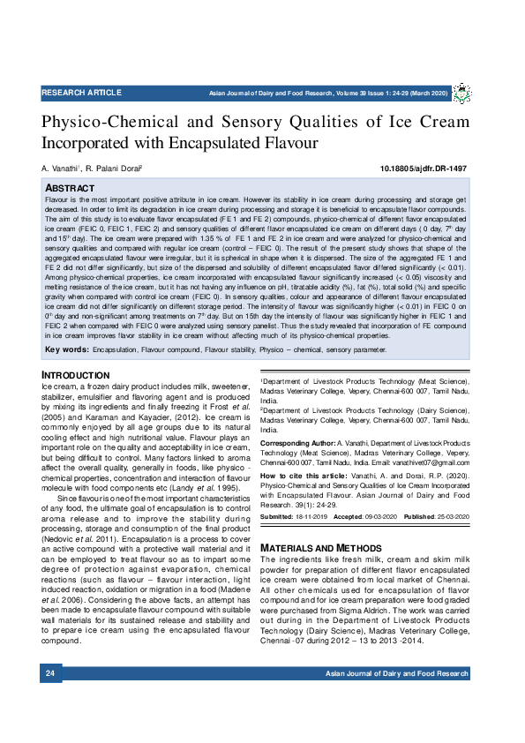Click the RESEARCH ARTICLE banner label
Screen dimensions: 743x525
pos(81,93)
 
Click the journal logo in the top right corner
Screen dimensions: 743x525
pos(461,92)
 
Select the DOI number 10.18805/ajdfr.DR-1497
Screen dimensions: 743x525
pos(424,168)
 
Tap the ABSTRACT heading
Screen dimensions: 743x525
pos(70,189)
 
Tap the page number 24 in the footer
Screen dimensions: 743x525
pos(50,674)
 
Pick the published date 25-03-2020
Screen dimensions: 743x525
pos(450,516)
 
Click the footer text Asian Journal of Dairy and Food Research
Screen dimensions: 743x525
pos(396,674)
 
